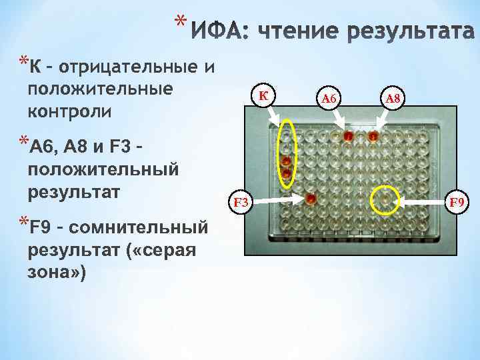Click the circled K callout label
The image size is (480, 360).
pyautogui.click(x=263, y=97)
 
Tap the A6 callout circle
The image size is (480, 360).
pyautogui.click(x=329, y=99)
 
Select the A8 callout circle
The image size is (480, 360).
pyautogui.click(x=393, y=99)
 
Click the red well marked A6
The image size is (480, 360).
pyautogui.click(x=348, y=137)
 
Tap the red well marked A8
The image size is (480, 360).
pyautogui.click(x=373, y=137)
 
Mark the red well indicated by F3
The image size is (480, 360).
pyautogui.click(x=311, y=198)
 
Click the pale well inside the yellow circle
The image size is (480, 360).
pyautogui.click(x=385, y=198)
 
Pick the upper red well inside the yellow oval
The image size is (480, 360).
pyautogui.click(x=286, y=161)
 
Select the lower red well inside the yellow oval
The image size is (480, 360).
pyautogui.click(x=286, y=173)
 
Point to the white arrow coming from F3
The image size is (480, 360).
pyautogui.click(x=277, y=199)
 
